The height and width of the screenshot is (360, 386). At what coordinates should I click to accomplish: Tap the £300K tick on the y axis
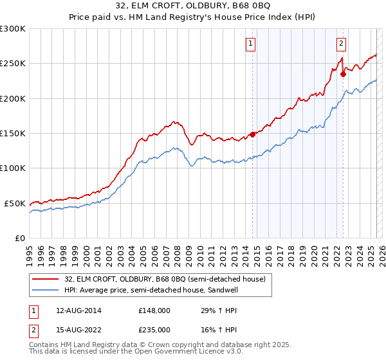[x=14, y=29]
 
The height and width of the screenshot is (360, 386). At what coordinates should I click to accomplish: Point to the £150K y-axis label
[x=14, y=134]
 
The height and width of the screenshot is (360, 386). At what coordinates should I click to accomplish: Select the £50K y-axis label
[x=15, y=203]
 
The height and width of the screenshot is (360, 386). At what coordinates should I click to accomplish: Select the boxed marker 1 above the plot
[x=250, y=44]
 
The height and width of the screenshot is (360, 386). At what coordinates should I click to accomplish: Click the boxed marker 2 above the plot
[x=341, y=44]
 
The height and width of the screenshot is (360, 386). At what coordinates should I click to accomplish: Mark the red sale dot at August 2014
[x=253, y=135]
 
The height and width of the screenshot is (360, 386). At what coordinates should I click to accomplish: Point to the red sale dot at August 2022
[x=344, y=74]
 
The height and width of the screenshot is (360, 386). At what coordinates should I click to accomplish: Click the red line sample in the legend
[x=45, y=278]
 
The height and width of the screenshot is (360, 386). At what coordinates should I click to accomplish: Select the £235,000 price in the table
[x=154, y=329]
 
